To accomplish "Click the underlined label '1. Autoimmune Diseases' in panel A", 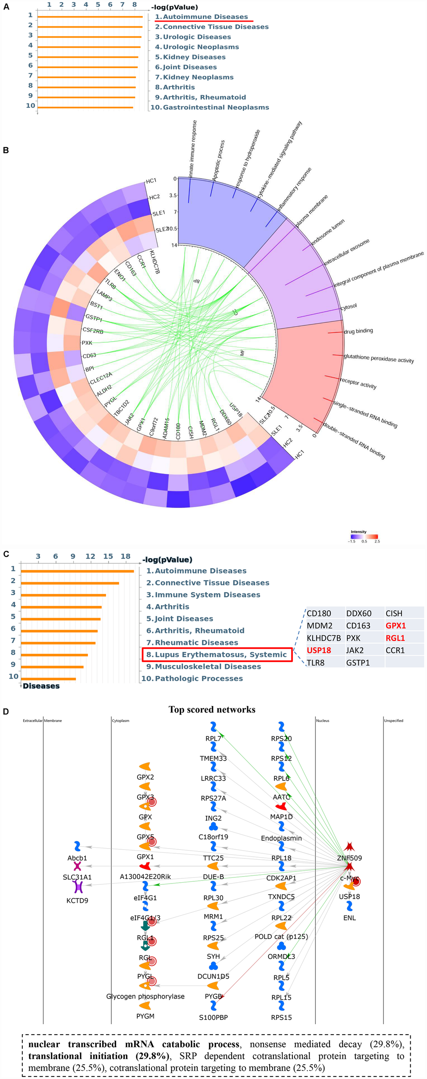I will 201,17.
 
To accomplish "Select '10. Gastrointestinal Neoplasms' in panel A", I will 210,107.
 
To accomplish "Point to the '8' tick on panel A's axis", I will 135,5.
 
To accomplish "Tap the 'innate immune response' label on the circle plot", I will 193,148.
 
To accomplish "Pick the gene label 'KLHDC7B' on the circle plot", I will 154,262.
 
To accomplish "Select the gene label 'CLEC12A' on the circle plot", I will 101,378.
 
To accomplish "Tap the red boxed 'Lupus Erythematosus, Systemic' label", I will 217,654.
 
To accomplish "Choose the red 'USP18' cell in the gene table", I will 319,650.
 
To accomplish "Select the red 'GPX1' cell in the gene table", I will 396,625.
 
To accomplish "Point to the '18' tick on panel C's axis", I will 126,556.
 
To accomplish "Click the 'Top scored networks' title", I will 212,710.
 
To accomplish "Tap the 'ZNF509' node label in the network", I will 349,858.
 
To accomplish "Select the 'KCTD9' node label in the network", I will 77,901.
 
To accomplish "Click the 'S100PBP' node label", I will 213,1017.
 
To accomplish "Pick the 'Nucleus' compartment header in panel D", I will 323,721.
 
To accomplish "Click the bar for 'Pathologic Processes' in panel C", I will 48,679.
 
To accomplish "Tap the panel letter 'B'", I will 6,150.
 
